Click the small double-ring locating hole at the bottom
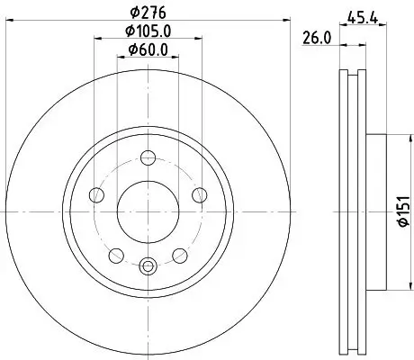(x=148, y=265)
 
